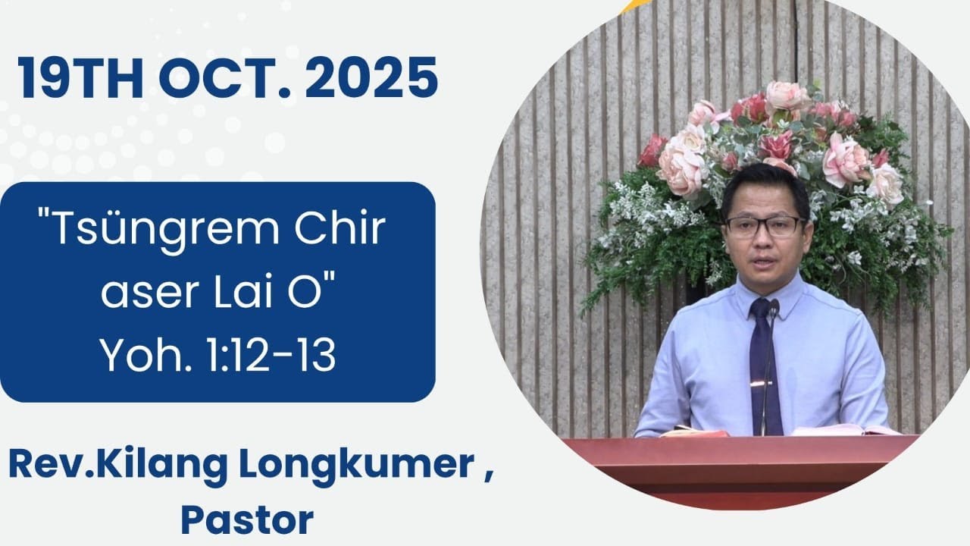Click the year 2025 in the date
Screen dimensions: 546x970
[x=371, y=77]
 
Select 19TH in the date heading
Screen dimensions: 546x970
[x=80, y=77]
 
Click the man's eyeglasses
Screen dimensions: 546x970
[x=762, y=225]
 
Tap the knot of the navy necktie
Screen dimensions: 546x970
[x=760, y=310]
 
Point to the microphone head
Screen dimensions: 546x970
[x=774, y=307]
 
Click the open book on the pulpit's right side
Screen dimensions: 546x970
[x=841, y=429]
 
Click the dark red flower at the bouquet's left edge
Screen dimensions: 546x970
[x=652, y=151]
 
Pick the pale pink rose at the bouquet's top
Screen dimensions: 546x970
[x=786, y=96]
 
